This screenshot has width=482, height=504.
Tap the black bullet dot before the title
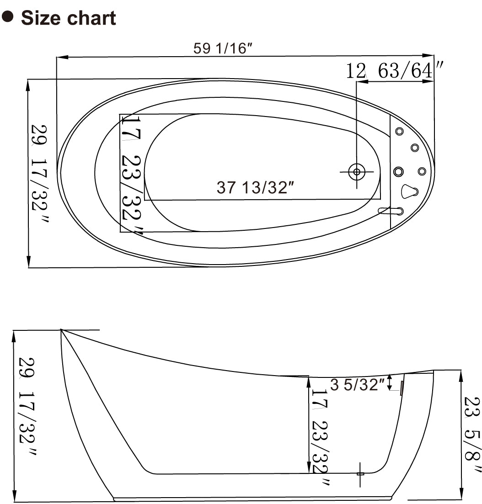pyautogui.click(x=7, y=17)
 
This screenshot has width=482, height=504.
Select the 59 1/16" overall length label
pyautogui.click(x=223, y=48)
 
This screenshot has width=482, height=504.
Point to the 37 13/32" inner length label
pyautogui.click(x=255, y=187)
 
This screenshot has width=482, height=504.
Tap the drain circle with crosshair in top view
pyautogui.click(x=356, y=172)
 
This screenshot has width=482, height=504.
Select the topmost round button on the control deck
pyautogui.click(x=399, y=132)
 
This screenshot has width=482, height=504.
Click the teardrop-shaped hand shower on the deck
pyautogui.click(x=409, y=191)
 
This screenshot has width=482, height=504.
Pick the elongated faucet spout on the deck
pyautogui.click(x=391, y=211)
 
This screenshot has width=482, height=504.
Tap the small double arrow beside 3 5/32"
pyautogui.click(x=389, y=382)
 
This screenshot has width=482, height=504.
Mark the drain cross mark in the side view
pyautogui.click(x=360, y=474)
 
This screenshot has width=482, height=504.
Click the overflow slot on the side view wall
pyautogui.click(x=402, y=388)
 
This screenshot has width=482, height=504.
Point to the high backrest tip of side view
pyautogui.click(x=61, y=330)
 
